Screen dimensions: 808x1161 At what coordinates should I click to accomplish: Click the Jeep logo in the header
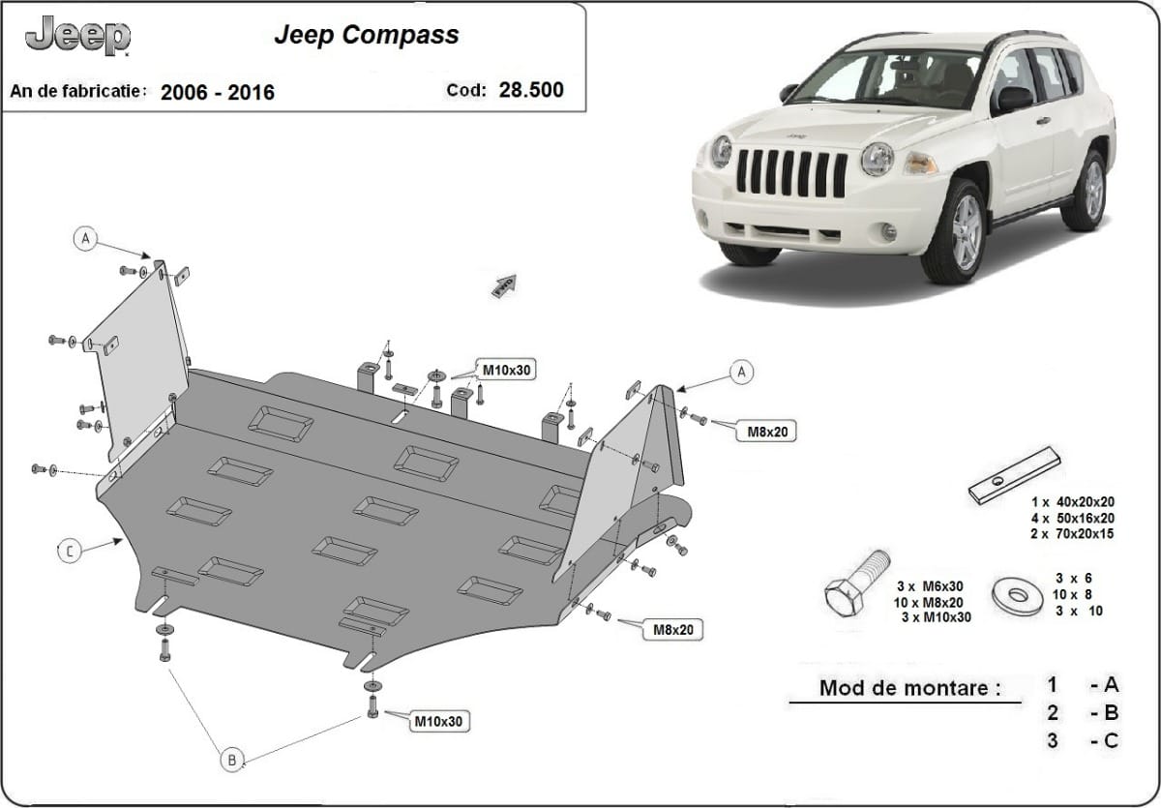coord(78,37)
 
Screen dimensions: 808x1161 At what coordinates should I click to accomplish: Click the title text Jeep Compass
coord(367,36)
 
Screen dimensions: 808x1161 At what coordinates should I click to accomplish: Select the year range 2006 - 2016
coord(218,93)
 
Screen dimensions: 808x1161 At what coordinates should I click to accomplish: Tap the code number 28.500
coord(531,91)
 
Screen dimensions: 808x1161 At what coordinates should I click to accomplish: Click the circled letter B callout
coord(232,760)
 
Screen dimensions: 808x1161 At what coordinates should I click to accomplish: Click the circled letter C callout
coord(70,552)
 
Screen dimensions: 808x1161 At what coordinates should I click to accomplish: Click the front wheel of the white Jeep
coord(954,232)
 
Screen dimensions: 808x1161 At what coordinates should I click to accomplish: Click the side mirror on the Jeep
coord(1013,98)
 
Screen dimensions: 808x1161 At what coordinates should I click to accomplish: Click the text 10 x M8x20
coord(933,602)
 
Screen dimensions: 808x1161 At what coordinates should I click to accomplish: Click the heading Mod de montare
coord(909,689)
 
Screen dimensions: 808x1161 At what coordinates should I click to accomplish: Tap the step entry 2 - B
coord(1082,713)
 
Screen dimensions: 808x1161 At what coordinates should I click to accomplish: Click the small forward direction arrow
coord(505,285)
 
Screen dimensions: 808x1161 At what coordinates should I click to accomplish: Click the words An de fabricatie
coord(78,91)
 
